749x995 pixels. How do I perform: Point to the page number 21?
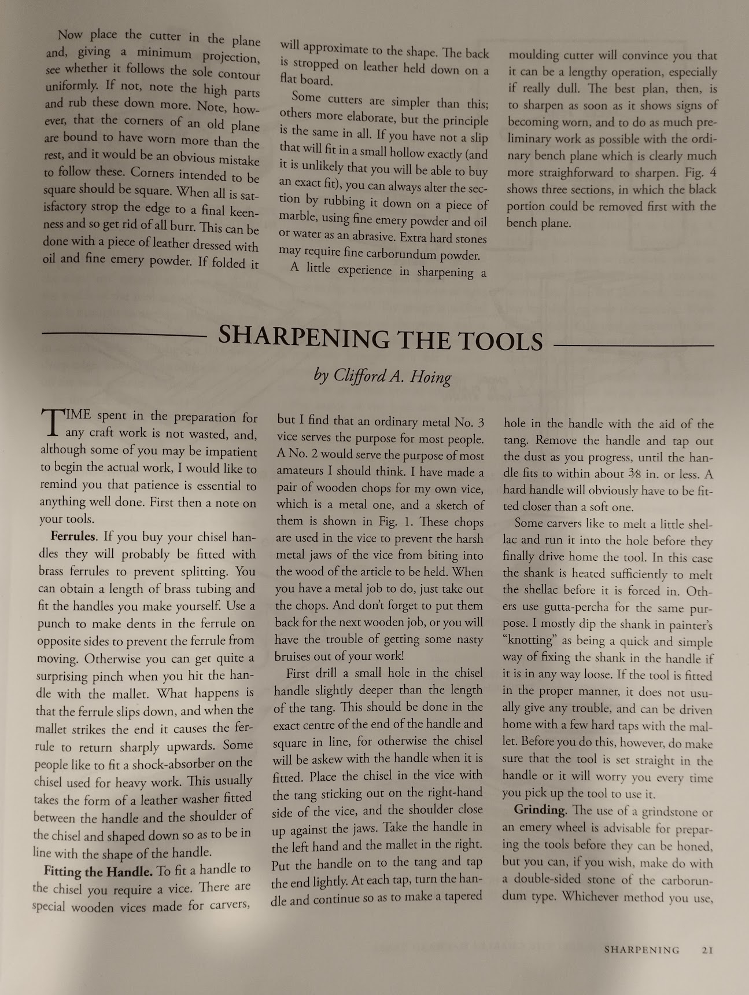(x=707, y=950)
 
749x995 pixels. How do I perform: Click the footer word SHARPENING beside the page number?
(x=641, y=950)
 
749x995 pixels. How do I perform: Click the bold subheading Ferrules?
(x=73, y=537)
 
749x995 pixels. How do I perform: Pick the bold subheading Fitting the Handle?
(x=98, y=871)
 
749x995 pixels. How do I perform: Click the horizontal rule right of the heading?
(x=633, y=346)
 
